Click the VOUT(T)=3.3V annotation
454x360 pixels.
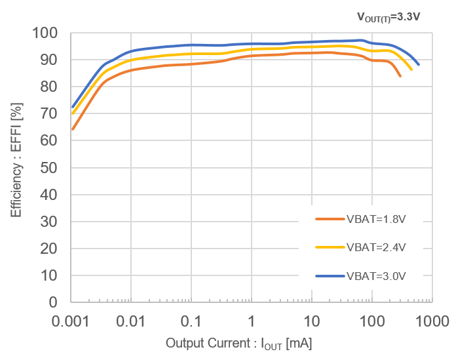coord(389,16)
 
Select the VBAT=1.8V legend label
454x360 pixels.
coord(375,220)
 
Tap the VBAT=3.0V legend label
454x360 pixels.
coord(375,275)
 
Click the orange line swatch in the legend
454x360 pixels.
coord(330,220)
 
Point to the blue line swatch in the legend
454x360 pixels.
coord(330,275)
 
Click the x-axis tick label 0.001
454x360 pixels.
coord(71,321)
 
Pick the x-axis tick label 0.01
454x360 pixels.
coord(131,321)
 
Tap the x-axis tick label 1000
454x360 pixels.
coord(431,321)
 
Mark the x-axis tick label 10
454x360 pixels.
coord(312,321)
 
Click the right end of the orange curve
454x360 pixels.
coord(400,76)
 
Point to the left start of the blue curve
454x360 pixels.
coord(72,107)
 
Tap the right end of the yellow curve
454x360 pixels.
coord(411,70)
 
